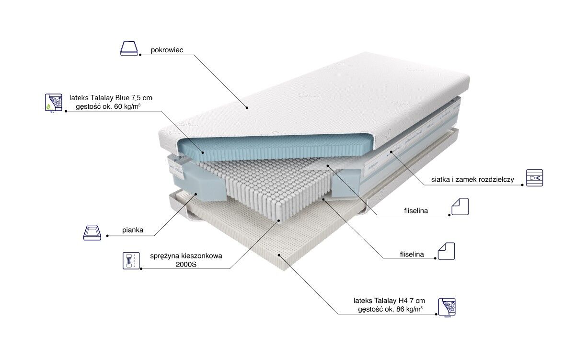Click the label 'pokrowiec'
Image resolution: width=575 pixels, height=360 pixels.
point(164,49)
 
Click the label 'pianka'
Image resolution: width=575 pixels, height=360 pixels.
point(132,231)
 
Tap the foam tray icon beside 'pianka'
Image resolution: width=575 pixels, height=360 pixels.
point(92,232)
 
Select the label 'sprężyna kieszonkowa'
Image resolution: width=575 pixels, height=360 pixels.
point(186,256)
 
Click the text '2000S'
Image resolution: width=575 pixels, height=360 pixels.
point(186,265)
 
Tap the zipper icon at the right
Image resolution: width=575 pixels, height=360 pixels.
point(534,177)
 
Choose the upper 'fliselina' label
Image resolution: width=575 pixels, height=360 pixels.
point(415,210)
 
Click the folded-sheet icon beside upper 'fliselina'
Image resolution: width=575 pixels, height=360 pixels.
point(460,206)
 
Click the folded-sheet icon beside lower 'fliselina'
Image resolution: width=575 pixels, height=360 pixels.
point(446,251)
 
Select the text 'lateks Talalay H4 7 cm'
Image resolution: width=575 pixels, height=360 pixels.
point(389,301)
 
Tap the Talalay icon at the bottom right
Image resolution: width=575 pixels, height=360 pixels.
point(447,307)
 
